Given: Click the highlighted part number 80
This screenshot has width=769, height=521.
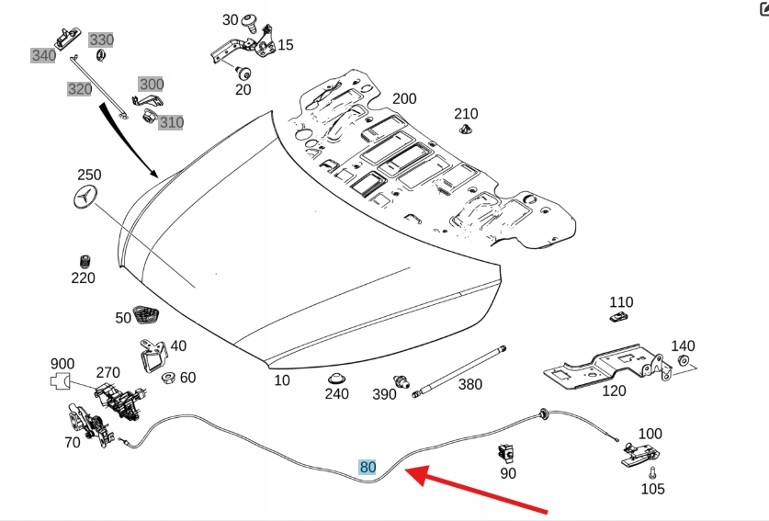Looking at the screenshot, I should tap(368, 467).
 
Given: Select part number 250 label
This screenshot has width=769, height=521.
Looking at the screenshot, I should tap(89, 175).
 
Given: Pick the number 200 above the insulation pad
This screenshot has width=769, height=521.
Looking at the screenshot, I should tap(404, 99).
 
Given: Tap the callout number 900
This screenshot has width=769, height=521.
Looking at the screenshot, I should tap(62, 365).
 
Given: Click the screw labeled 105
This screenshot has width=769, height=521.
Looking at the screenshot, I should tap(651, 474).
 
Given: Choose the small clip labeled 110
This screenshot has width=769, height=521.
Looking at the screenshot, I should tap(619, 318).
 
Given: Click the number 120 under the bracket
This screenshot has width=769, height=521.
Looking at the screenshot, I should tap(614, 391).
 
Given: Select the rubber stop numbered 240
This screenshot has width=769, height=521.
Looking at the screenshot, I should tap(337, 378).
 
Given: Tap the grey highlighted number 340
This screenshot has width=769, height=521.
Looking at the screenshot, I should tap(43, 55).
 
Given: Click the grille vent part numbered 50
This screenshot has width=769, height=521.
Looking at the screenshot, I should tap(146, 313).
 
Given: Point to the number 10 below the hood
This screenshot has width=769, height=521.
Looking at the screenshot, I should tap(282, 379).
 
